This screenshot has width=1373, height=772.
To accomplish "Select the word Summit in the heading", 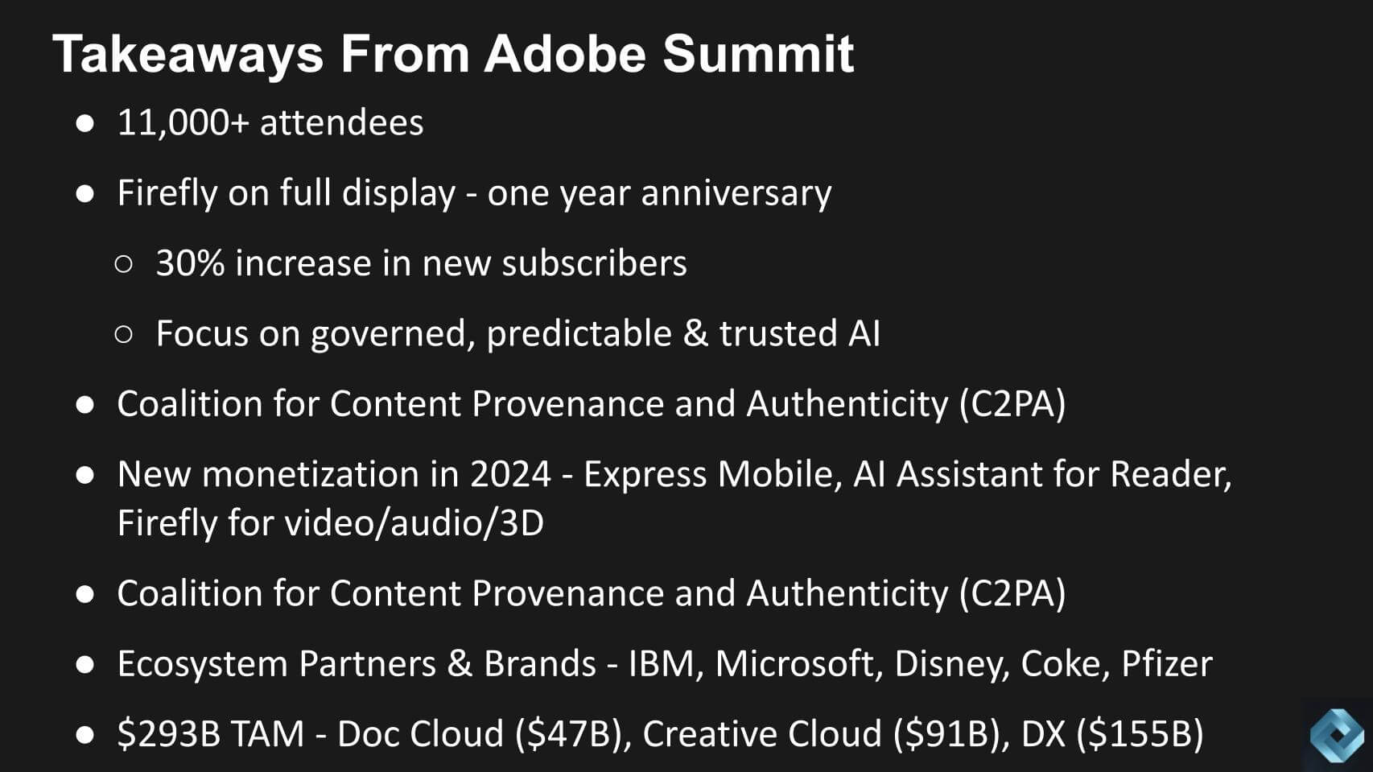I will [x=757, y=54].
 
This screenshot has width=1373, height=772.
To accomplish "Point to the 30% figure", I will [x=190, y=264].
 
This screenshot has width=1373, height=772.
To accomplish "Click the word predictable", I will [x=579, y=334].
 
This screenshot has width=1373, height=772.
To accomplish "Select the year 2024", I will [x=510, y=475].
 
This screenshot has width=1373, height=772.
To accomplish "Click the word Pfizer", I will [x=1166, y=664].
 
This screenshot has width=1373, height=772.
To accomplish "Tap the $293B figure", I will [x=169, y=734].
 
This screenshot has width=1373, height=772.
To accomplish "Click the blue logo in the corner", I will [x=1336, y=734].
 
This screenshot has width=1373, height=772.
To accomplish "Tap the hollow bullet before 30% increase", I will [x=123, y=264].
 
